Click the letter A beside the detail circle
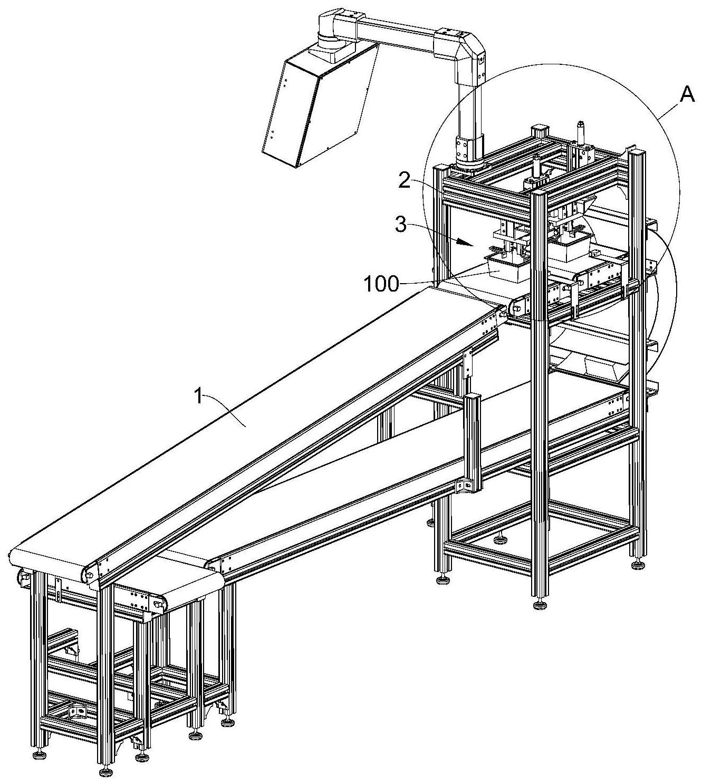686,94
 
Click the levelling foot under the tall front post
539,605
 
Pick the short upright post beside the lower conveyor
473,438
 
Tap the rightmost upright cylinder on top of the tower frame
581,132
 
